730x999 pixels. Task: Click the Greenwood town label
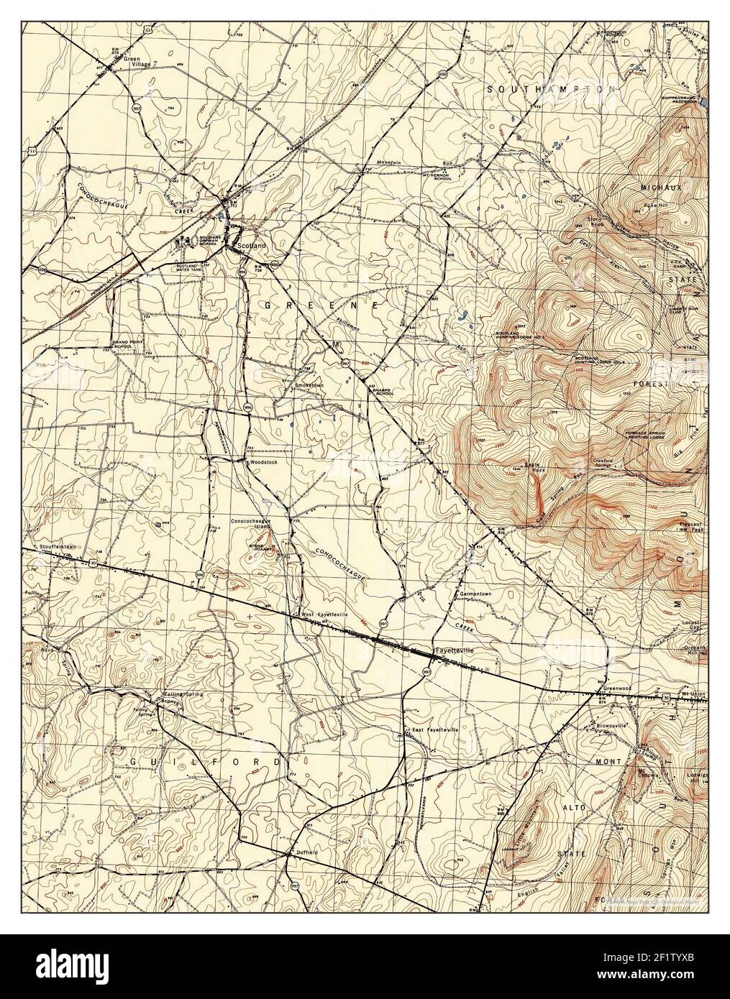[617, 687]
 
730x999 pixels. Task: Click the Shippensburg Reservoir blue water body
[703, 102]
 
